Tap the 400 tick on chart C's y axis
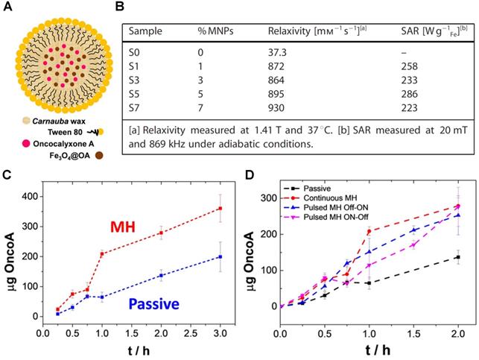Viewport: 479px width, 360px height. tap(39, 195)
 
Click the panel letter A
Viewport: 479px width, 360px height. tap(8, 8)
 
